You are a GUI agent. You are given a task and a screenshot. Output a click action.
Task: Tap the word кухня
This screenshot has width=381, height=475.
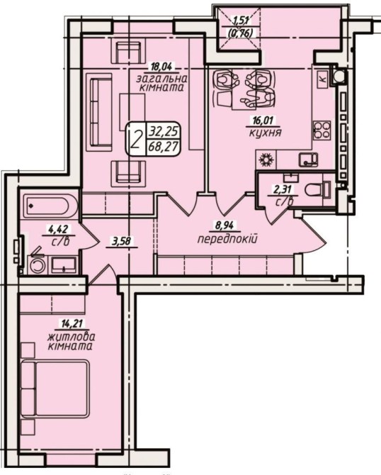(x=266, y=133)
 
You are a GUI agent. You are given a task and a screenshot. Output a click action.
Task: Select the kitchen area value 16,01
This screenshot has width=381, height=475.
(x=263, y=121)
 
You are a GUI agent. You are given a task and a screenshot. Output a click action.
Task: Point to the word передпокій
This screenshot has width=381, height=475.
(x=227, y=240)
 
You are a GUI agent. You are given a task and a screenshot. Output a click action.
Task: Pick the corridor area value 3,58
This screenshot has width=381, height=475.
(x=121, y=242)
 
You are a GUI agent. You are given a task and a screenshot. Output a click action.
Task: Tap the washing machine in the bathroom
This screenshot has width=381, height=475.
(x=37, y=265)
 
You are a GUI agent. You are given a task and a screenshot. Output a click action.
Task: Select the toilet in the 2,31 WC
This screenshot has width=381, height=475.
(x=317, y=190)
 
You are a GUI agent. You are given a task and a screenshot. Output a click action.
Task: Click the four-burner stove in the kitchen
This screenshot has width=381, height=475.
(x=321, y=130)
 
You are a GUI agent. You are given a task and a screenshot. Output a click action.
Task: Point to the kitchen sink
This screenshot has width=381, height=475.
(x=308, y=160)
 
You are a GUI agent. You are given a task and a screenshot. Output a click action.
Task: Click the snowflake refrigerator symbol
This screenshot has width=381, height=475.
(x=266, y=160)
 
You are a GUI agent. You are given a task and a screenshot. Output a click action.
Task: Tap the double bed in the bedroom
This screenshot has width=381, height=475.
(x=55, y=389)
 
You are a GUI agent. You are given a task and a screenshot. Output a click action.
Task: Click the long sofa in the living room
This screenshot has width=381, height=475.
(x=99, y=112)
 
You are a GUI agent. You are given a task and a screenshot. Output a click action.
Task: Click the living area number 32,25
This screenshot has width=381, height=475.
(x=164, y=132)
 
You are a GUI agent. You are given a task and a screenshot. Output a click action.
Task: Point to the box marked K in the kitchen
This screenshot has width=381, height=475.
(x=323, y=79)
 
